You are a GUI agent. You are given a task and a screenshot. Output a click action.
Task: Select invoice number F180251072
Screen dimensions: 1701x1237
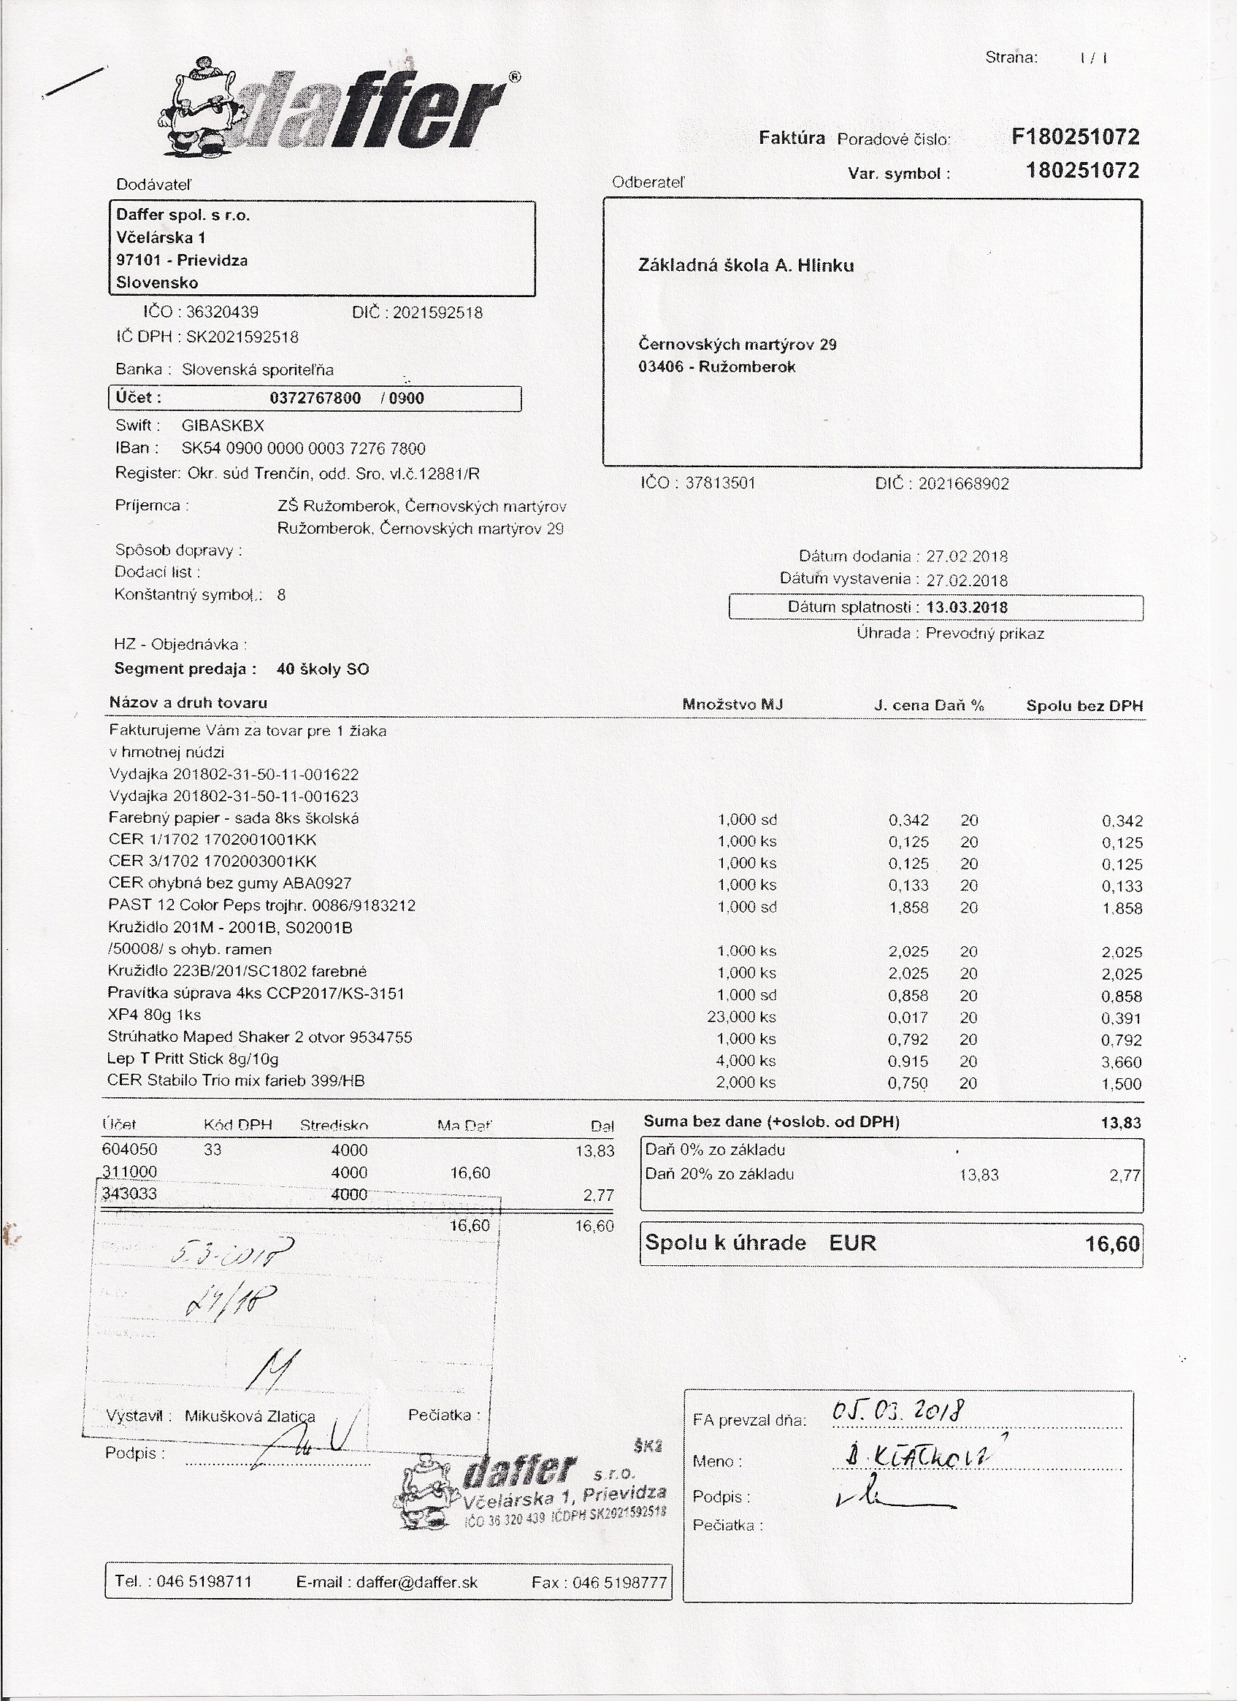1075,137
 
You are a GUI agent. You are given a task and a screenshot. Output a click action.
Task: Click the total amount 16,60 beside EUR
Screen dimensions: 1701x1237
1112,1244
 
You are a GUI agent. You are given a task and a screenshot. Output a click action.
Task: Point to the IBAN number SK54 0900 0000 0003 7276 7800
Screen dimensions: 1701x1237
303,448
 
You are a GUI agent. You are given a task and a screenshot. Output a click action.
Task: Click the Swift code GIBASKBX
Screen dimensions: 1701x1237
223,425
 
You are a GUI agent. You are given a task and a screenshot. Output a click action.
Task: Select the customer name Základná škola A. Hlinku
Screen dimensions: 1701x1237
746,266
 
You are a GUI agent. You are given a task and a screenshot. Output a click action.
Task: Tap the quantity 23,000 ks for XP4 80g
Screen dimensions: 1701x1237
741,1017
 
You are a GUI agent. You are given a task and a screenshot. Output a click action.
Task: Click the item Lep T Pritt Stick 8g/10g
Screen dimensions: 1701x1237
193,1059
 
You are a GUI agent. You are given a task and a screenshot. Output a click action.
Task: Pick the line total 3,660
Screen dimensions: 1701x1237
1122,1062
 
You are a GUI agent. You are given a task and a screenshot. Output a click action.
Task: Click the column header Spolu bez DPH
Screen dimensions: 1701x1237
1084,706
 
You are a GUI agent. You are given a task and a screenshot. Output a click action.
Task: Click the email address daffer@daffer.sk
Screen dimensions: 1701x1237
416,1583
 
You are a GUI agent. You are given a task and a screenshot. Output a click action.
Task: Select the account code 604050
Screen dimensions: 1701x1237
130,1149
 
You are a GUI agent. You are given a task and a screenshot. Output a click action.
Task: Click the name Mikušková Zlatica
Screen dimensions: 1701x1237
250,1416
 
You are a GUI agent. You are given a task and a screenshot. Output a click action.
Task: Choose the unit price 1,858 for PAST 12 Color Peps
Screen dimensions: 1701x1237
908,907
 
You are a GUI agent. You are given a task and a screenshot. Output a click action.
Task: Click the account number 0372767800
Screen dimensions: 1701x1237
315,399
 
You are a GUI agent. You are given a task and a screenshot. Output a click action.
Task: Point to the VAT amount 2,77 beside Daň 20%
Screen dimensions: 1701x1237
1125,1176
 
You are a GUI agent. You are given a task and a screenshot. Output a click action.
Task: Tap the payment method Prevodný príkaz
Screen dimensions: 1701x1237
984,633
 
